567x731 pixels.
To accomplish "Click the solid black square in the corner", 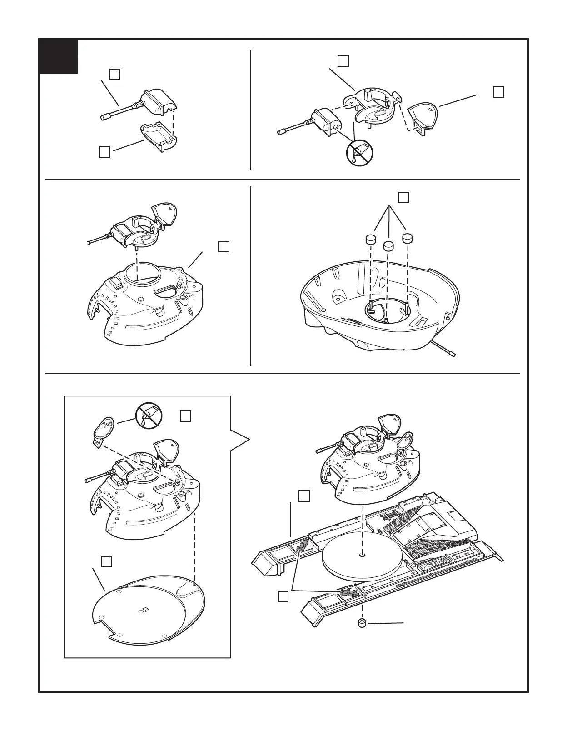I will pos(58,56).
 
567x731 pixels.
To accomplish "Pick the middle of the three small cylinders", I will pos(388,246).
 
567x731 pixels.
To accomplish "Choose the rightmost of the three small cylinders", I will pos(407,238).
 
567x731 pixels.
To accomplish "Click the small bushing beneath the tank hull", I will pos(362,623).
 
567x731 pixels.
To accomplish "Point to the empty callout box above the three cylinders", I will pos(403,197).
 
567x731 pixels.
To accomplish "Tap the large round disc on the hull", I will pos(362,556).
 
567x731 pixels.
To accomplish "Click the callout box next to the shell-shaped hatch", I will pos(498,92).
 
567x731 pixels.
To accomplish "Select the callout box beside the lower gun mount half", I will pos(104,152).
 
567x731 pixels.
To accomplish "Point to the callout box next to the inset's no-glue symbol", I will pos(185,416).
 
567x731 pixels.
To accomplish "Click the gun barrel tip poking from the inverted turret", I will pos(452,354).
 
